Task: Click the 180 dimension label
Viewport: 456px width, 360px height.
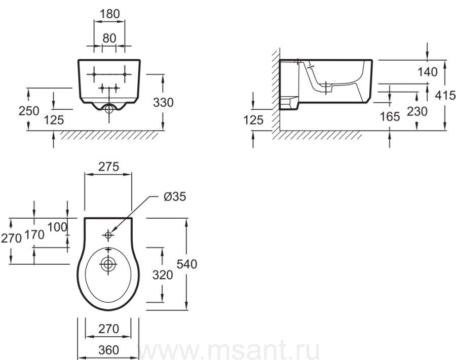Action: click(x=109, y=14)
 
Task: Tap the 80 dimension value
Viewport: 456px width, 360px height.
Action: click(x=109, y=38)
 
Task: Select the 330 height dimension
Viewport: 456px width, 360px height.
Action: click(x=164, y=103)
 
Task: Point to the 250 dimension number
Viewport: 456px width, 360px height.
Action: click(x=29, y=111)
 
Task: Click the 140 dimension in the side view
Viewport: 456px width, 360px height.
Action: click(x=428, y=72)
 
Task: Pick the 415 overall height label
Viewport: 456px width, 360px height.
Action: click(x=445, y=95)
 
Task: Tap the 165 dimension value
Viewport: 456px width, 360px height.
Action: click(x=390, y=116)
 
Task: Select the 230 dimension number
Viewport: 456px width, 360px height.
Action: click(x=417, y=111)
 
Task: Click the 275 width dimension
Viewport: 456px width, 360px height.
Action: click(x=109, y=167)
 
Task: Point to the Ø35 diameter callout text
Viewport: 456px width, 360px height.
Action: click(x=175, y=196)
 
